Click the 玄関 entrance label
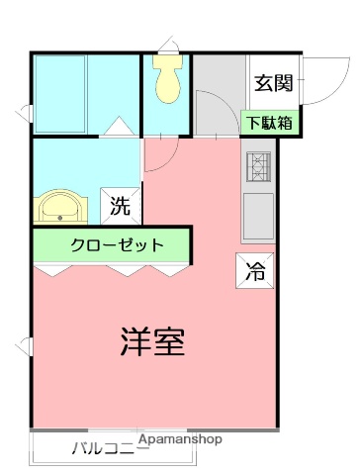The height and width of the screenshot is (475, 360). coord(273,84)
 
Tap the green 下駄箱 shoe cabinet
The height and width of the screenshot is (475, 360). coord(268,124)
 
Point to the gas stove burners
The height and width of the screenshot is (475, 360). coord(258,168)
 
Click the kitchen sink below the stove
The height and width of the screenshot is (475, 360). coord(258,213)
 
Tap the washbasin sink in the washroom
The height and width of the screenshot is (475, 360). coord(62,209)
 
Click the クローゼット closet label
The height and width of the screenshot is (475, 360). coord(116,245)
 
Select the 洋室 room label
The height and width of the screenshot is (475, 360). coord(153,341)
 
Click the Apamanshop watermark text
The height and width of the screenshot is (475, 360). coord(180,438)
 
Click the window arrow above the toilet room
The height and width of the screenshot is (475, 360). coord(167,44)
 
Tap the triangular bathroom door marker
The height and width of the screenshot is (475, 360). coord(117,127)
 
